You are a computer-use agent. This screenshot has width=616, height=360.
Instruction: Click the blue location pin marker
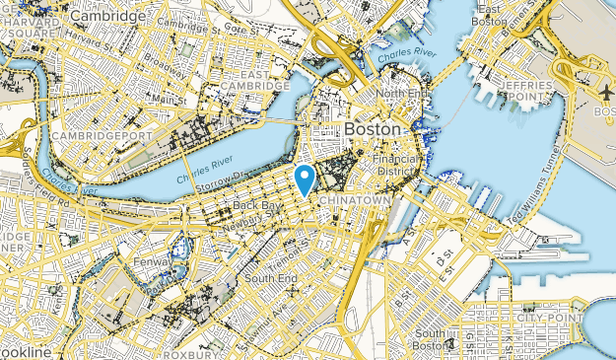pos(306,179)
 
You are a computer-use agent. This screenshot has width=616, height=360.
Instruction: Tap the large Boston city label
pos(374,129)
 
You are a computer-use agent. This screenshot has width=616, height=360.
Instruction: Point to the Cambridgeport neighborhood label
pos(89,134)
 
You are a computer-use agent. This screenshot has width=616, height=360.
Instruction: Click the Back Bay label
pos(257,205)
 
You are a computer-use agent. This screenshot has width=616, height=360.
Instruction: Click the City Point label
pos(553,319)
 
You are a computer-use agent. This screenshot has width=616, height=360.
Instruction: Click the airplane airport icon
pos(604,90)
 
